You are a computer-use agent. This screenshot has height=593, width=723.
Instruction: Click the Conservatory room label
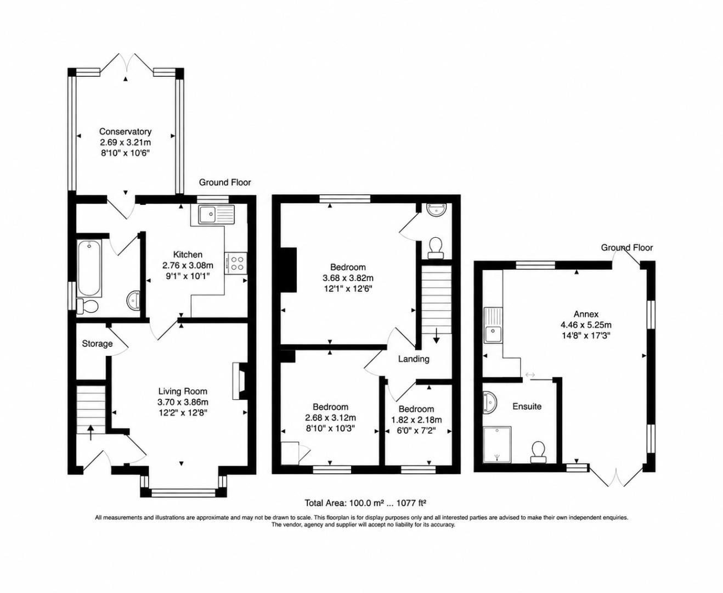tap(125, 132)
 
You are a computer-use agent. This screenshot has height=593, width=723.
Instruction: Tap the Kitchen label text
tap(188, 255)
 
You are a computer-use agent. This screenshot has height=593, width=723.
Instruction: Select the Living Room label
tap(183, 391)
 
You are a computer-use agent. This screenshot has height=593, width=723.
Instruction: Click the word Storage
tap(97, 344)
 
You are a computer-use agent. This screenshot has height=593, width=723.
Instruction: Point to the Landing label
tap(414, 359)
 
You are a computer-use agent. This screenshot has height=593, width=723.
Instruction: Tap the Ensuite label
tap(527, 406)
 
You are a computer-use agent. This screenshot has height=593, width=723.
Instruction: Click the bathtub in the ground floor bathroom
tap(89, 268)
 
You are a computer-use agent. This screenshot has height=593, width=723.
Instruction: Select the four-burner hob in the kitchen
tap(235, 263)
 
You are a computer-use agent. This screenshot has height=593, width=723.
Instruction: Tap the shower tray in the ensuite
tap(497, 444)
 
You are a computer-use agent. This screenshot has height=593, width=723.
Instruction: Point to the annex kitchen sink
tap(493, 325)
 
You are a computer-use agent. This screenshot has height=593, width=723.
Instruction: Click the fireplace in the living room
tap(239, 381)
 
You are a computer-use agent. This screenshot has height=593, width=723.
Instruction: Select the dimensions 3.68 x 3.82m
tap(348, 278)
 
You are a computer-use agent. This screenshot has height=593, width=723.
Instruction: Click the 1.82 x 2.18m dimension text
tap(416, 419)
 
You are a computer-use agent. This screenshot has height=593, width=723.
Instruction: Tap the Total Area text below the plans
tap(365, 503)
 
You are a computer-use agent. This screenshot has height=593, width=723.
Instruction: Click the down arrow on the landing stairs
tap(436, 335)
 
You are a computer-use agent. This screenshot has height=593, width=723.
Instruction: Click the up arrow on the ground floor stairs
tap(91, 433)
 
